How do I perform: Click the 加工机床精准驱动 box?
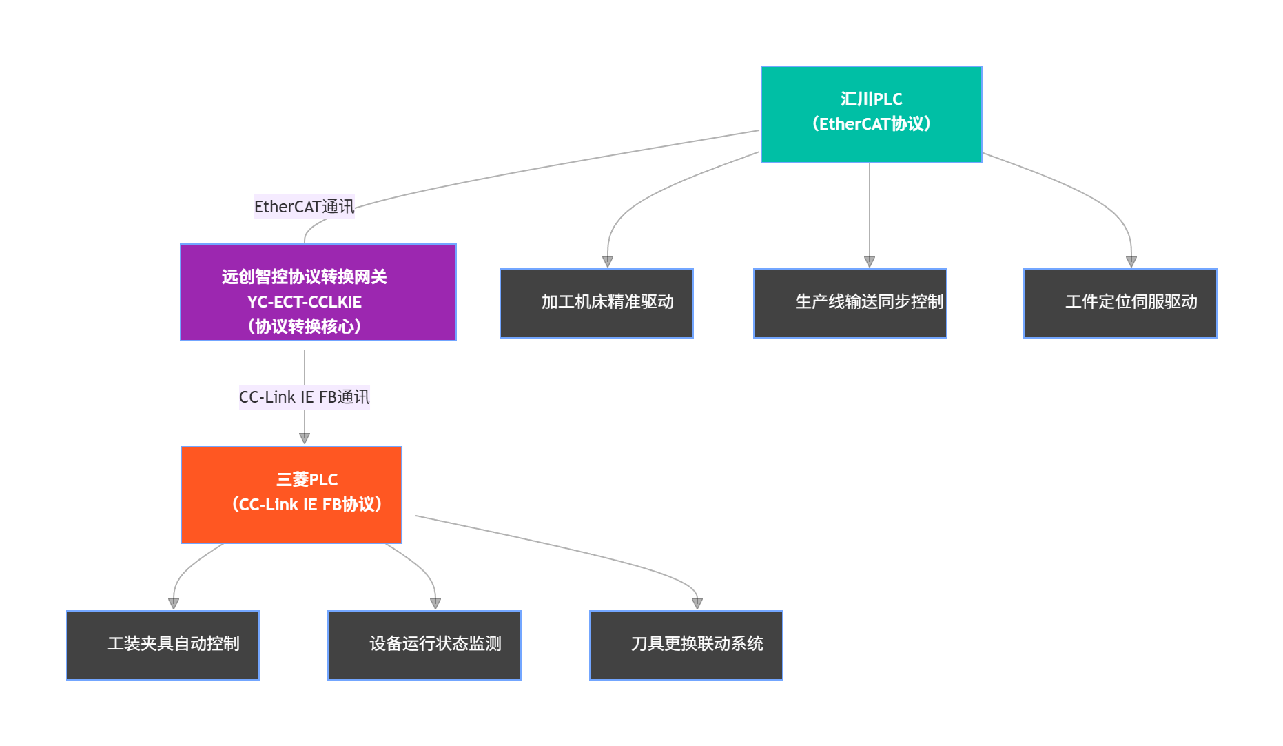click(x=596, y=303)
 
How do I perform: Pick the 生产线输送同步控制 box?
click(x=850, y=303)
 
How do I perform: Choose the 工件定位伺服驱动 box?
click(x=1120, y=303)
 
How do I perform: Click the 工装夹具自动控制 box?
click(x=163, y=645)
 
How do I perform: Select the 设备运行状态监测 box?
click(x=424, y=645)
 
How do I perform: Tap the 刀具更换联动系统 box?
click(x=686, y=645)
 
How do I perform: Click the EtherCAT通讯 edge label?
click(x=304, y=207)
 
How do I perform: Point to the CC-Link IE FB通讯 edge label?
click(x=304, y=397)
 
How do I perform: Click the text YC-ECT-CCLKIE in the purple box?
click(x=304, y=302)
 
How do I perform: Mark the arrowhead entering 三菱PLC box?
click(x=305, y=438)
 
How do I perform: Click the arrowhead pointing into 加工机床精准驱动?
click(x=608, y=262)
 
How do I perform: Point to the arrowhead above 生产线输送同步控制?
click(x=870, y=262)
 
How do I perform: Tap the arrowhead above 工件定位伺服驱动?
click(x=1131, y=262)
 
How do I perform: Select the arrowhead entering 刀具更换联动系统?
click(x=697, y=604)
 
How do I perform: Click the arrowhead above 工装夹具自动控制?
click(x=174, y=604)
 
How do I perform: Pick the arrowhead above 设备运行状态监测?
click(x=435, y=604)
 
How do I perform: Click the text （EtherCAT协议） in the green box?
click(x=871, y=124)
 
